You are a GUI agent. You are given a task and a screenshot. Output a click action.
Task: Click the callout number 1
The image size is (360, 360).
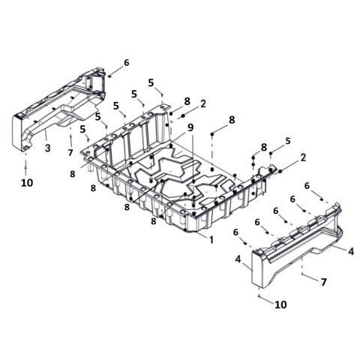pos(211,240)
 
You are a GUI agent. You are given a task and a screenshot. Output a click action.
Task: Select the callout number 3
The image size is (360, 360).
pos(47,148)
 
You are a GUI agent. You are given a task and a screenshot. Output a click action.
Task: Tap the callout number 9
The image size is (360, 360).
pos(190,127)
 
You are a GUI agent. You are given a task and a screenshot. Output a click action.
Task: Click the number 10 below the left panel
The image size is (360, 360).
pos(27,183)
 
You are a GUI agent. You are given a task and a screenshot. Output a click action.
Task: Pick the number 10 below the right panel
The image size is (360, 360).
pos(280,304)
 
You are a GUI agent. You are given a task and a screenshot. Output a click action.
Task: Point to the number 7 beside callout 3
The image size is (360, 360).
pos(70,152)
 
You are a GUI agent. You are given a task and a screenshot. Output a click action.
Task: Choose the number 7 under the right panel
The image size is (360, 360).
pos(324,282)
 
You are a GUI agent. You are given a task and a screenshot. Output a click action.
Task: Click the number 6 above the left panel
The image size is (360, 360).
pos(127,63)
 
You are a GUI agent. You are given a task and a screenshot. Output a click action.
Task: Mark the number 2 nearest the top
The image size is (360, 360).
pos(203,103)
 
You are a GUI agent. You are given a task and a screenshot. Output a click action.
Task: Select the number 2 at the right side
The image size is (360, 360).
pos(303,157)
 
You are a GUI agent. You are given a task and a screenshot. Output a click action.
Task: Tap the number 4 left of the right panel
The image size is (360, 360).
pos(238,259)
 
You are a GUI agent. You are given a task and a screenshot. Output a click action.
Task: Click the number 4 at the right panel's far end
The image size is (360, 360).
pos(351,251)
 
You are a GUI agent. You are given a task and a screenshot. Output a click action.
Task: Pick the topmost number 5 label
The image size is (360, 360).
pos(151,83)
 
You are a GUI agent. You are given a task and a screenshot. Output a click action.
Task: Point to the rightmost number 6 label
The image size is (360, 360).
pos(307,186)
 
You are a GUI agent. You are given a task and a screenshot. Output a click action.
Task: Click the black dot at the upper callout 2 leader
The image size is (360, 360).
pos(183,115)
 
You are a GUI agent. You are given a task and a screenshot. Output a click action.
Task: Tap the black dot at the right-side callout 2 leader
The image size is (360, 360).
pos(280,171)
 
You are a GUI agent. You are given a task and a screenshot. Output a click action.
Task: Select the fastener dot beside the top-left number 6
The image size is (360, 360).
pos(110,75)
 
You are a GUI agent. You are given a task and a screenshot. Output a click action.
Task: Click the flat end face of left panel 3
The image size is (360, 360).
pos(17,133)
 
